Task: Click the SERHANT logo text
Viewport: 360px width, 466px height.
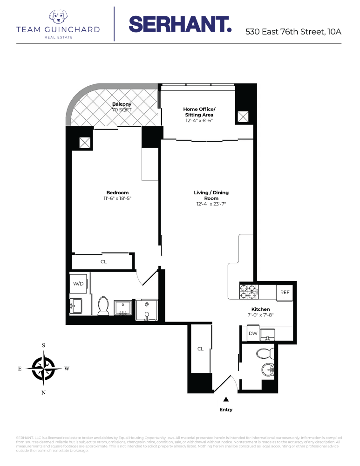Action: point(180,24)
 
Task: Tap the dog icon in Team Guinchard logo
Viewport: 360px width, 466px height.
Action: point(58,17)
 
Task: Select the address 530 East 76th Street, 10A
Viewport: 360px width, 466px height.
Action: point(293,32)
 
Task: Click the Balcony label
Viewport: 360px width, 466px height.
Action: point(122,104)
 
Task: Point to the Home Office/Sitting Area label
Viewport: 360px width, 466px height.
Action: point(199,112)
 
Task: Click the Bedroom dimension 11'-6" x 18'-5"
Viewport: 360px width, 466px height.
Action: point(117,199)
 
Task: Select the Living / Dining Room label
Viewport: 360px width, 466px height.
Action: point(211,195)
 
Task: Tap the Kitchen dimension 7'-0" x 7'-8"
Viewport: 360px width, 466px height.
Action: point(260,315)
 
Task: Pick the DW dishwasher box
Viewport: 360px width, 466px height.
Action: point(252,333)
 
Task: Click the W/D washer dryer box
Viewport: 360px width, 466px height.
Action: point(78,283)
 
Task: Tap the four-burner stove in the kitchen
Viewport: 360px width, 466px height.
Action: point(248,291)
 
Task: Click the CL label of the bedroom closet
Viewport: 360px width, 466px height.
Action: point(103,262)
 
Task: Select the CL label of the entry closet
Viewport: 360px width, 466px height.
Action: point(200,349)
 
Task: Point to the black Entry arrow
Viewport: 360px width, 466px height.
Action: point(226,399)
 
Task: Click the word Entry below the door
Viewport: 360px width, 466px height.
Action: point(226,410)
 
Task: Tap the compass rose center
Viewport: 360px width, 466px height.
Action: point(43,368)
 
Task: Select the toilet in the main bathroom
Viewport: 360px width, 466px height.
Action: point(103,306)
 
